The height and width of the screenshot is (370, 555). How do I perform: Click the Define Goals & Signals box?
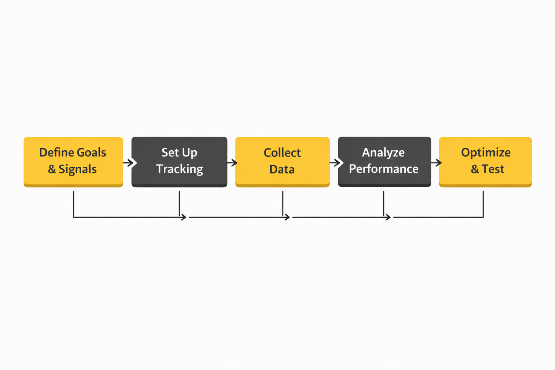(x=73, y=161)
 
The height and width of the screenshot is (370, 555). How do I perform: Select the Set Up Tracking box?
(x=179, y=161)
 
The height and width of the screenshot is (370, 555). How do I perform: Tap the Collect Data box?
(x=282, y=161)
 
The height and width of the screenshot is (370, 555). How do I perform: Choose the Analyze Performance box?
(x=384, y=161)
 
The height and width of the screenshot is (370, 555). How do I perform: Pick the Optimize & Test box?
(x=485, y=161)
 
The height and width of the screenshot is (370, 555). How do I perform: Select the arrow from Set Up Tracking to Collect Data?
(x=232, y=163)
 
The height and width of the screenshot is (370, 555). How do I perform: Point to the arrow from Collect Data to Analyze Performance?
(x=336, y=163)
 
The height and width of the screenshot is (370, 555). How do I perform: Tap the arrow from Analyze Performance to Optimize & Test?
(x=436, y=163)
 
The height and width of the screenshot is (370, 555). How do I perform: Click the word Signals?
(x=78, y=169)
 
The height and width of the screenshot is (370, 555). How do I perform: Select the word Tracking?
(x=179, y=169)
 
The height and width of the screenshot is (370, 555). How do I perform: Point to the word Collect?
(x=282, y=153)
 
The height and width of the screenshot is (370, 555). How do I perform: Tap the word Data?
(x=282, y=169)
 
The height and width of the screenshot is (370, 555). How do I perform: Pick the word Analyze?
(x=383, y=153)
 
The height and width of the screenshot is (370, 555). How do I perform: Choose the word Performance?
(x=383, y=169)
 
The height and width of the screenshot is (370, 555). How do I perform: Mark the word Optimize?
(x=486, y=153)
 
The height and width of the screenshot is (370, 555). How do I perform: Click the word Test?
(x=493, y=169)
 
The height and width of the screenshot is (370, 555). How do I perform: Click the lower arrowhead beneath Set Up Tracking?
(x=184, y=217)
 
